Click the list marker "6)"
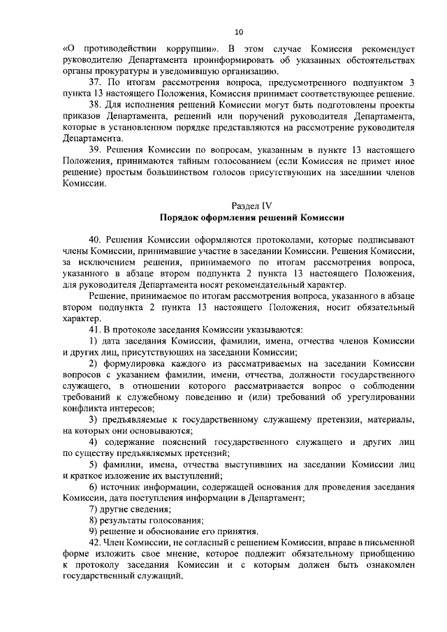click(x=94, y=485)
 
